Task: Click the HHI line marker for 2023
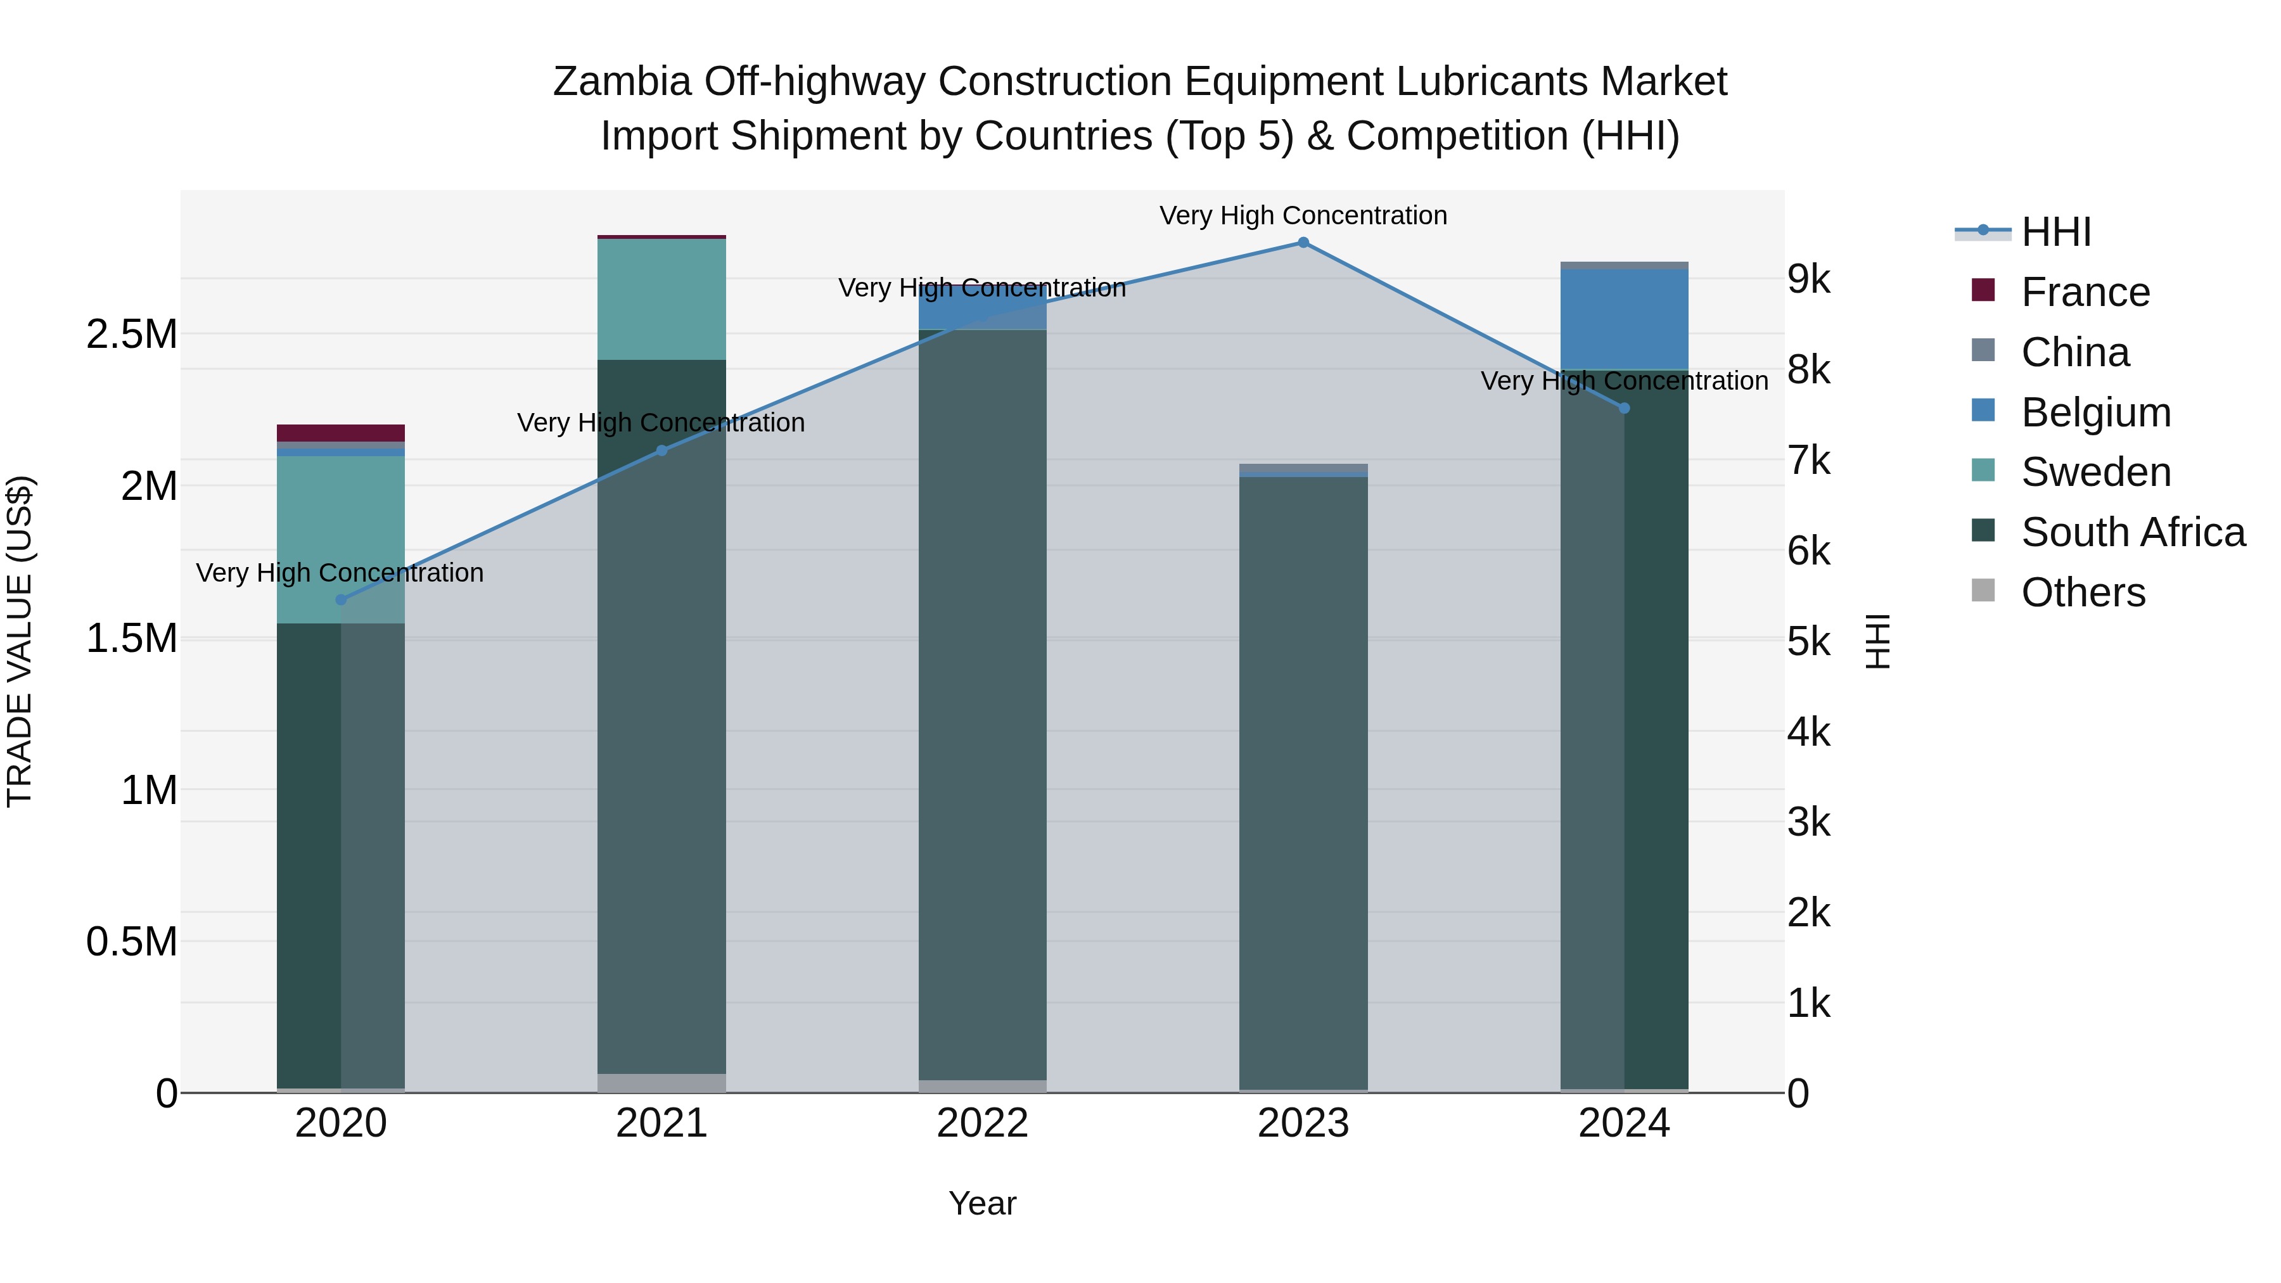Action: coord(1303,243)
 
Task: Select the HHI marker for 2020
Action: coord(341,599)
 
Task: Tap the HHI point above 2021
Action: coord(661,450)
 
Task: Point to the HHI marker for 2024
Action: coord(1624,408)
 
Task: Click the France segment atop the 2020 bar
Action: coord(341,433)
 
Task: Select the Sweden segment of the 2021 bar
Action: coord(661,299)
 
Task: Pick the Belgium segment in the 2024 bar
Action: coord(1624,319)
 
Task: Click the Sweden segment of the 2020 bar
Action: coord(341,539)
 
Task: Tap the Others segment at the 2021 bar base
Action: coord(661,1083)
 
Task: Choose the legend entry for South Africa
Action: coord(2132,532)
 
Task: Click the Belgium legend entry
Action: coord(2095,412)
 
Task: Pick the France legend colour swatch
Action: coord(1983,290)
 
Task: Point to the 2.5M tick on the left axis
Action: coord(132,335)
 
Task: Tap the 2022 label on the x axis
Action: coord(982,1123)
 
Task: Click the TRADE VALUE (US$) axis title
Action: coord(20,641)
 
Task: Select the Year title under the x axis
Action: coord(982,1203)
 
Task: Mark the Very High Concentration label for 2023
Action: coord(1303,215)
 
